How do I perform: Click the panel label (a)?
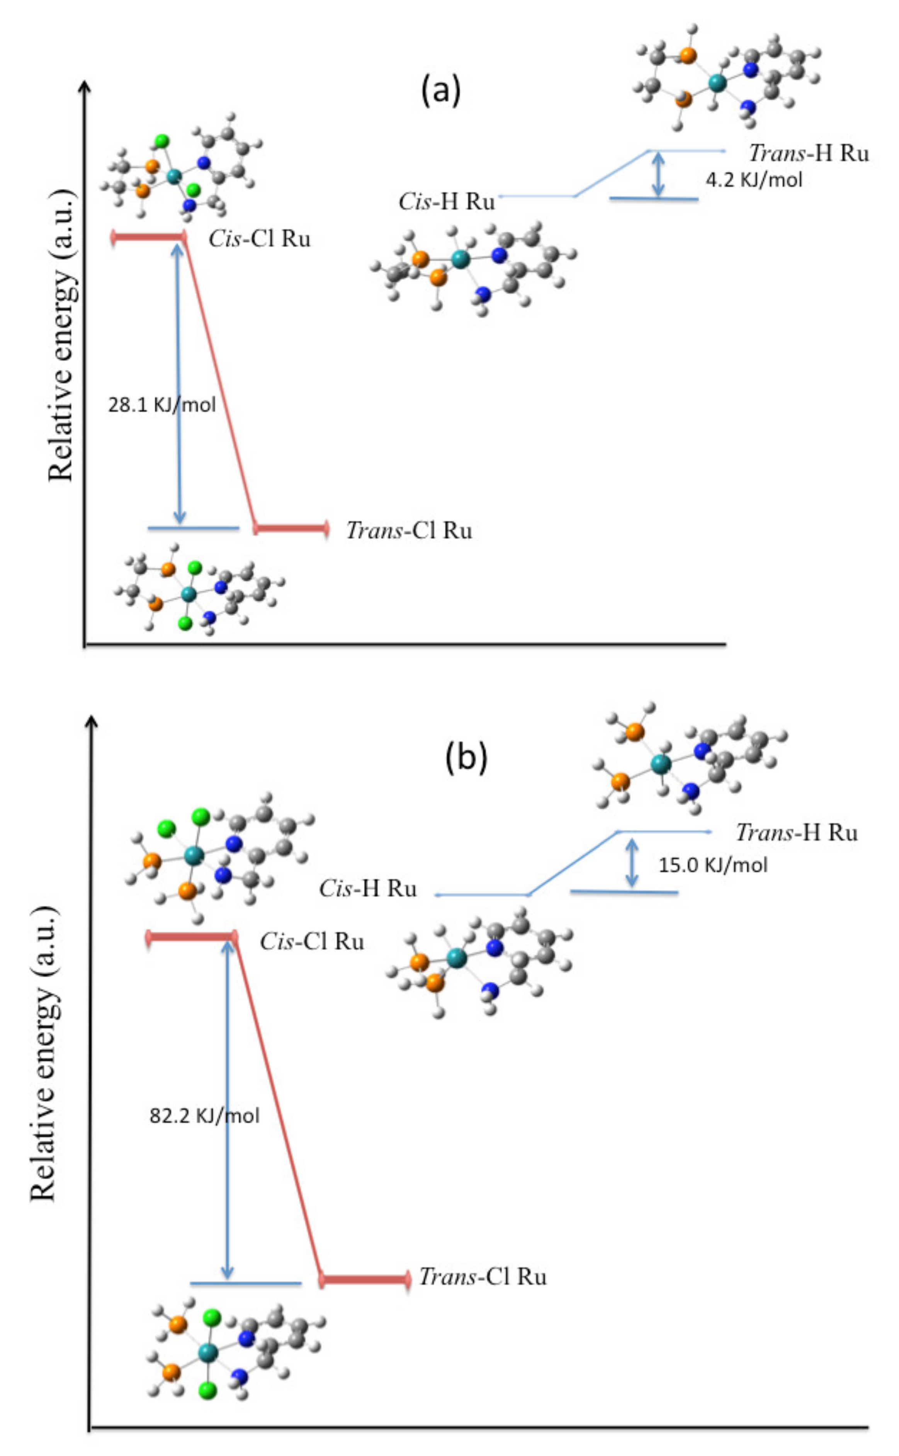tap(440, 91)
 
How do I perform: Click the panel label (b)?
tap(466, 758)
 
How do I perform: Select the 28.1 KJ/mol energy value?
tap(162, 405)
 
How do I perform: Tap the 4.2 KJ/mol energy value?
tap(754, 180)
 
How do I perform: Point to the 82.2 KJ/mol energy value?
tap(204, 1115)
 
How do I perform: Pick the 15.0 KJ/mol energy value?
tap(713, 864)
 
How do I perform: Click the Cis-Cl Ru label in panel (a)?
tap(259, 239)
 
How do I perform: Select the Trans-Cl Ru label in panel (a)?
tap(409, 530)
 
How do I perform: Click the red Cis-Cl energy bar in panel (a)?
tap(149, 238)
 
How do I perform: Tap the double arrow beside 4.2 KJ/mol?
tap(658, 173)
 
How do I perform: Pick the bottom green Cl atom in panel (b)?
tap(207, 1391)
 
